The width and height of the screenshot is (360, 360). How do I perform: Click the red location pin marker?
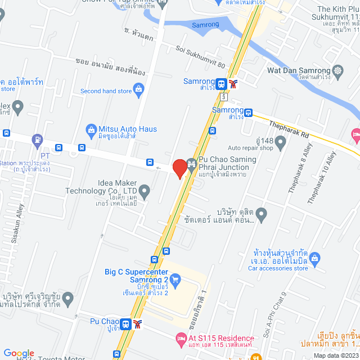point(179,168)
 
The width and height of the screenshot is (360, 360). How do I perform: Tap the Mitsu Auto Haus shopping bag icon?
point(91,129)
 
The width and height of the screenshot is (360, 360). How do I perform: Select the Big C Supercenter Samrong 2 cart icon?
point(175,278)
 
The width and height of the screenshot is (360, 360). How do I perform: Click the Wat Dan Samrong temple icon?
point(337,71)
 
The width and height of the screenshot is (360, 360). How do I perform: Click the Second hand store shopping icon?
point(139,91)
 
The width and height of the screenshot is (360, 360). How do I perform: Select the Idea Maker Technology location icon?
point(145,192)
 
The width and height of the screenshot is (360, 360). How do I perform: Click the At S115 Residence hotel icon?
point(180,338)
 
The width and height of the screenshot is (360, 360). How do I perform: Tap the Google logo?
point(19,353)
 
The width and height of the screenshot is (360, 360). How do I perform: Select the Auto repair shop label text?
point(250,148)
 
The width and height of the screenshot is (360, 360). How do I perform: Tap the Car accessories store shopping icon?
point(315,258)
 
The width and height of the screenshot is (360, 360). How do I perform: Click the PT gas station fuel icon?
point(37,139)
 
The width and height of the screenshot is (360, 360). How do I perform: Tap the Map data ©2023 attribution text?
point(335,355)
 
